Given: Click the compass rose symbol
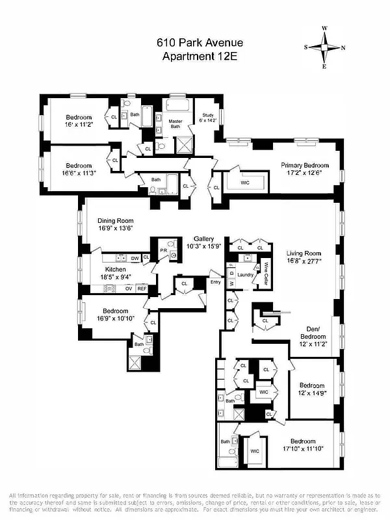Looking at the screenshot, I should point(325,47).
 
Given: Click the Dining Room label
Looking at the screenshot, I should point(116,220).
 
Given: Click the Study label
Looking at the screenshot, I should point(208,115).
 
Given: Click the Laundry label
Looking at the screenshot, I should point(245,274).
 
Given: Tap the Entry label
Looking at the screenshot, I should point(215,281).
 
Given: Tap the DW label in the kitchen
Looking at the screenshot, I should point(135,259).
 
